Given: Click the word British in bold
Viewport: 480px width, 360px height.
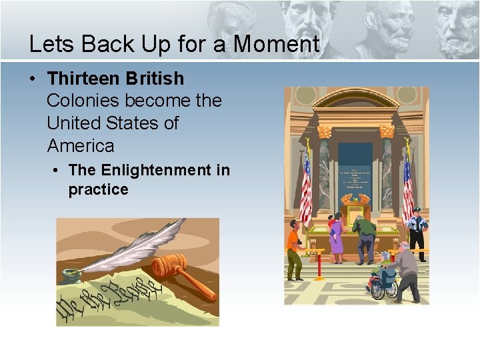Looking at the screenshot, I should point(154,79).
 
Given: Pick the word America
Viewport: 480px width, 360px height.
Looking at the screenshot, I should point(81,145).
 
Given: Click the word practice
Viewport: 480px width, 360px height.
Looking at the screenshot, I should point(98,189).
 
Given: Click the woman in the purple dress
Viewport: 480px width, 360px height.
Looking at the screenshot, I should point(337,240).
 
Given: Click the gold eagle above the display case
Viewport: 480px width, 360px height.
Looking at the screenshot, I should point(355,197).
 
